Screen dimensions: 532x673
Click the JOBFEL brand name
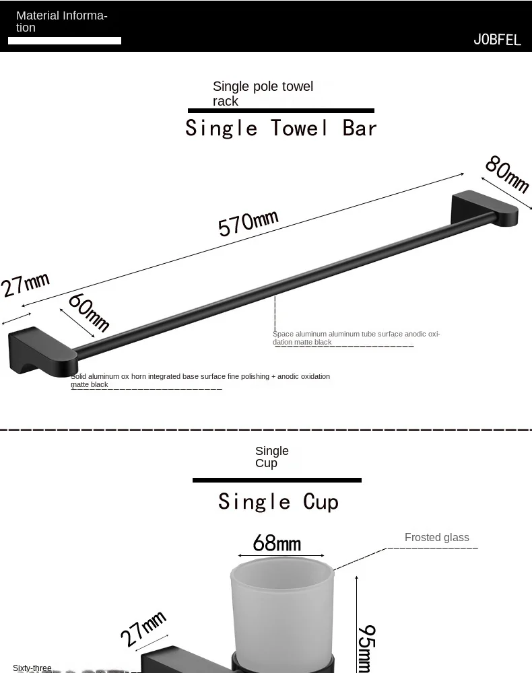497,40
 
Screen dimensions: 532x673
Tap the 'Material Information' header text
61,22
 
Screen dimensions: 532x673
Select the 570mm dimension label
248,223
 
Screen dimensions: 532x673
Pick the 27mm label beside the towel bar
25,283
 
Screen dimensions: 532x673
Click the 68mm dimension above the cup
277,542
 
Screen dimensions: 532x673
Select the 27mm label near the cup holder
143,629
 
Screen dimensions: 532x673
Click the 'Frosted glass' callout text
436,537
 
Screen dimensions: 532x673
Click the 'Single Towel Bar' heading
281,128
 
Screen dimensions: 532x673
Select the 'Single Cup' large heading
278,501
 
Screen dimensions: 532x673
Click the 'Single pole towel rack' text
263,94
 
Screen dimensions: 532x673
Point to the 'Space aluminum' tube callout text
356,338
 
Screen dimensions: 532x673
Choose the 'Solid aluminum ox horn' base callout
200,380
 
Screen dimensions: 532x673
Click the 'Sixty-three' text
32,668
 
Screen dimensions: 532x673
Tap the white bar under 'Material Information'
65,41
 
